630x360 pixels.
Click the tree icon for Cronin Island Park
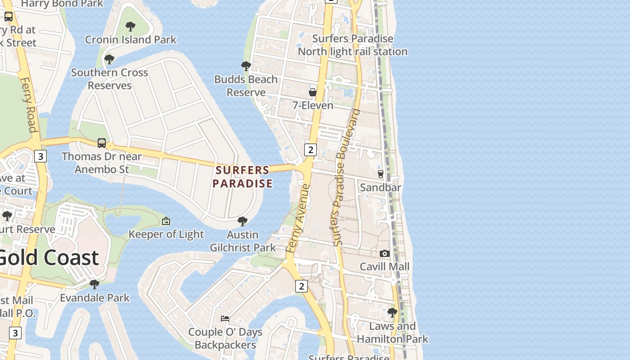(x=130, y=26)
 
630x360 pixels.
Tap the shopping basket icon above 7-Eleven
(x=312, y=92)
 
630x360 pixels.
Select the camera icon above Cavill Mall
(x=384, y=254)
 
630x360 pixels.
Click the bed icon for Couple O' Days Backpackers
(x=225, y=319)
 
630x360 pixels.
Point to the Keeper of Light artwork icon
(x=166, y=221)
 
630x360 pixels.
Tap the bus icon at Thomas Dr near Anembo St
(x=102, y=143)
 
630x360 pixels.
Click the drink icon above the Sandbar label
(x=380, y=174)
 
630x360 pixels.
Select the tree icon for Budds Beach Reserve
(x=246, y=66)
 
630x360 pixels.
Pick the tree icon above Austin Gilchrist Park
(x=243, y=221)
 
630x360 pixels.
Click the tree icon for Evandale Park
(x=94, y=284)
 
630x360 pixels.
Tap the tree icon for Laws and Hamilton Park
(x=392, y=312)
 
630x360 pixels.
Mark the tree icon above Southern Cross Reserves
(x=109, y=59)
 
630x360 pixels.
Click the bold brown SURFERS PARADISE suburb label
(x=243, y=177)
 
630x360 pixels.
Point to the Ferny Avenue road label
(x=298, y=218)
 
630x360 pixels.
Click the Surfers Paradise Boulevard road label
(x=346, y=177)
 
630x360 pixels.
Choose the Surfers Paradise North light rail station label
(x=353, y=45)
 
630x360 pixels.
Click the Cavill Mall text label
(x=385, y=266)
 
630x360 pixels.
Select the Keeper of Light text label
(x=166, y=234)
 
